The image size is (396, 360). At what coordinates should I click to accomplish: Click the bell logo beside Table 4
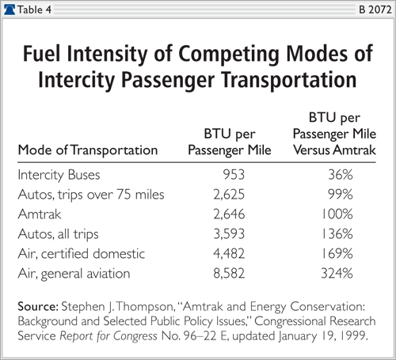(x=10, y=9)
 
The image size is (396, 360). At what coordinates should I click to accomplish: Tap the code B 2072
(x=375, y=9)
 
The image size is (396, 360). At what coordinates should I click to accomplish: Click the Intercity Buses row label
(x=59, y=175)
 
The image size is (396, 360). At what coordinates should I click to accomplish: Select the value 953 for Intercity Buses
(x=234, y=175)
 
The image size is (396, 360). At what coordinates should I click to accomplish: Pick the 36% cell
(x=341, y=175)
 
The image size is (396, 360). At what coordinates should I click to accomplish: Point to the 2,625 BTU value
(x=229, y=195)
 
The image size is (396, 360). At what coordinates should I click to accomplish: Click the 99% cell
(x=341, y=195)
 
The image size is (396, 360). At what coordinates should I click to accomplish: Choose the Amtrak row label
(x=40, y=214)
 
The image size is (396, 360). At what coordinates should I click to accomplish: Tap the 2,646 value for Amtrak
(x=229, y=214)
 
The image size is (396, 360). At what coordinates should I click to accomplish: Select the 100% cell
(x=337, y=214)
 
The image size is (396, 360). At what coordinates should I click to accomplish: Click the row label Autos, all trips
(x=58, y=234)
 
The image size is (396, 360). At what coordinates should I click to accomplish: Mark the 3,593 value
(x=229, y=234)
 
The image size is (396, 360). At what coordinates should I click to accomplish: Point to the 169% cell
(x=337, y=254)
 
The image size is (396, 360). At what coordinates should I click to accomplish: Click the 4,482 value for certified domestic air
(x=229, y=254)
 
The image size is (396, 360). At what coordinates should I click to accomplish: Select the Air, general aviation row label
(x=74, y=274)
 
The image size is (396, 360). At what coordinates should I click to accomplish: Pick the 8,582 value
(x=229, y=274)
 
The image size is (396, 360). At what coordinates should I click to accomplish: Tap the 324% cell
(x=337, y=274)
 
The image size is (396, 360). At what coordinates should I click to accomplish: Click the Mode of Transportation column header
(x=88, y=150)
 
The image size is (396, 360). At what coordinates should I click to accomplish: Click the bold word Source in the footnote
(x=38, y=307)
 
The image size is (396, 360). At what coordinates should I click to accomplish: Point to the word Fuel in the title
(x=43, y=54)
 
